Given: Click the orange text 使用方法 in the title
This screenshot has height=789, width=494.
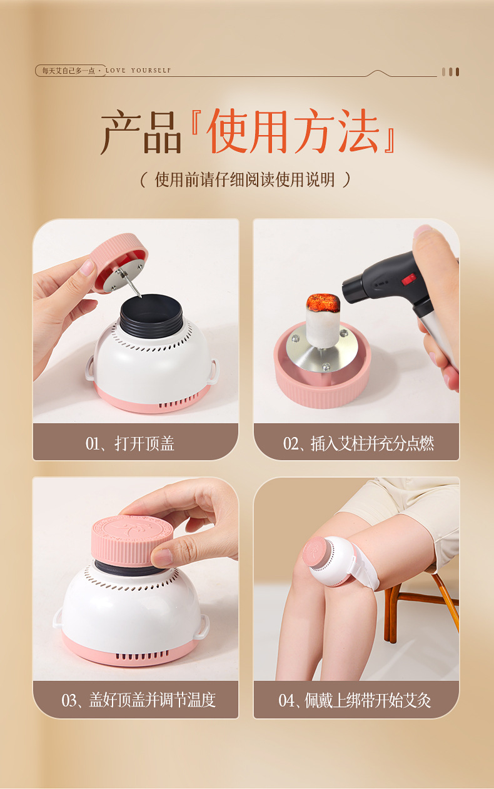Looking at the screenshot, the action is (x=295, y=131).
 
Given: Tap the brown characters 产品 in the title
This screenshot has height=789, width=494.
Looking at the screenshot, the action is (x=141, y=132).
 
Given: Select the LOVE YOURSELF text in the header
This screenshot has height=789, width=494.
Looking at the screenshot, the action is (x=138, y=71).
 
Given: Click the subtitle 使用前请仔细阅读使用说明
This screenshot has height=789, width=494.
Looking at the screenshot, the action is (x=245, y=179).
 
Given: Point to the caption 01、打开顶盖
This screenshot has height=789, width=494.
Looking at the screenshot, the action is (x=130, y=443).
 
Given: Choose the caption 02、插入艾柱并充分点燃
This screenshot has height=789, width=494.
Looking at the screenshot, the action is (x=358, y=443).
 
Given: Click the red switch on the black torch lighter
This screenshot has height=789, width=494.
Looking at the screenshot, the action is (x=409, y=279).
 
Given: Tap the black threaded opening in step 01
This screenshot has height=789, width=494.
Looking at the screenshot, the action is (x=151, y=314).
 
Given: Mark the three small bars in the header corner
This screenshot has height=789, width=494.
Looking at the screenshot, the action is (x=450, y=72).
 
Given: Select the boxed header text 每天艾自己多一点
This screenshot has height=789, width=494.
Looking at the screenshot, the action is (x=69, y=71).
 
